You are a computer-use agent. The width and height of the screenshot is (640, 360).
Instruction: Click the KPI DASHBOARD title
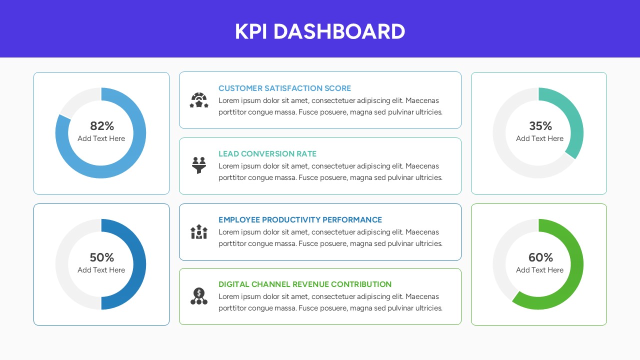[320, 31]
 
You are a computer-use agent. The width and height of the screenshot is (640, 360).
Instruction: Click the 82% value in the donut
[102, 126]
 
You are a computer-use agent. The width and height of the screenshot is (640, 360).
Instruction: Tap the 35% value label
[540, 126]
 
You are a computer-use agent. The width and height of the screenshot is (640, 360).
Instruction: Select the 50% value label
[102, 257]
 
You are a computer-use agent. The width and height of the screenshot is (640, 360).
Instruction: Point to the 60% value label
[540, 257]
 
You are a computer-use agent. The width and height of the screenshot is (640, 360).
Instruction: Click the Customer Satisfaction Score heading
[284, 88]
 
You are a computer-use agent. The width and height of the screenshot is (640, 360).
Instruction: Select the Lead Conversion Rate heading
[267, 154]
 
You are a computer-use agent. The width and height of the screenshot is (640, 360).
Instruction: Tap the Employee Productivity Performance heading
[300, 220]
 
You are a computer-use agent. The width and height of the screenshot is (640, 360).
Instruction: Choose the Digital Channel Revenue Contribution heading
[305, 284]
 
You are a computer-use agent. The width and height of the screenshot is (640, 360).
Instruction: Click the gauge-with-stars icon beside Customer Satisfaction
[199, 100]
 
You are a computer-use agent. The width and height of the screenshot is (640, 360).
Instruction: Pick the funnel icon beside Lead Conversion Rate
[199, 165]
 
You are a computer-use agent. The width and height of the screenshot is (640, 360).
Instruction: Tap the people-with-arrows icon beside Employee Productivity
[199, 231]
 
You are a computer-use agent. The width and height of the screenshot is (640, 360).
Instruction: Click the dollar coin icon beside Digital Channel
[199, 296]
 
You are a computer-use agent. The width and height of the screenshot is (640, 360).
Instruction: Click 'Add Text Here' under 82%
[101, 138]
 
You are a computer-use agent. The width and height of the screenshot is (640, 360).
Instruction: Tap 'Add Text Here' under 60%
[539, 270]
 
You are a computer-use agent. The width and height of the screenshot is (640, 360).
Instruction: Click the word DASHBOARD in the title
[339, 31]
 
